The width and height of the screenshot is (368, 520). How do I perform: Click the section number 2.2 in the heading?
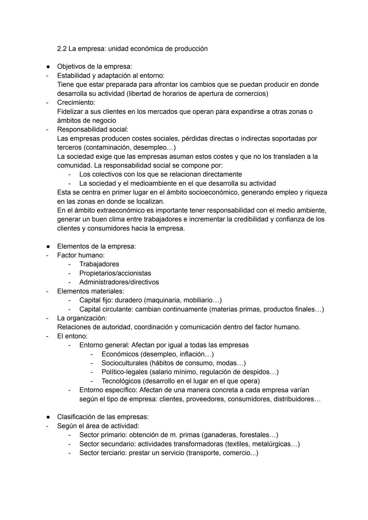point(62,49)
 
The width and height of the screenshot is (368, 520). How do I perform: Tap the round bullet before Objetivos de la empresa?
point(49,66)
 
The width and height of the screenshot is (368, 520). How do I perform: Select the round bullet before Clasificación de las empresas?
point(49,417)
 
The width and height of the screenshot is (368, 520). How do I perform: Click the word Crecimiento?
point(76,102)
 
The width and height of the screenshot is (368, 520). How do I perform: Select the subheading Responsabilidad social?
point(93,129)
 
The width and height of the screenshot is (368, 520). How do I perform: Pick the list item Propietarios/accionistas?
point(115,273)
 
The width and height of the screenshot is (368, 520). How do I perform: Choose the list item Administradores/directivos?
point(119,282)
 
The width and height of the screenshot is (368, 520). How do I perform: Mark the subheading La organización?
point(82,318)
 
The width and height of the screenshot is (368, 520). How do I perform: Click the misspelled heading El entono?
point(72,336)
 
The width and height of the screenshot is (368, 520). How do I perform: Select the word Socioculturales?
point(124,363)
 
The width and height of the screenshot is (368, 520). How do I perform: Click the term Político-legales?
point(124,372)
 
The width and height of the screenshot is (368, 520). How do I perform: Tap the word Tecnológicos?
point(121,381)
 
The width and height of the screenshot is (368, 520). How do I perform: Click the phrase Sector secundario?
point(107,444)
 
